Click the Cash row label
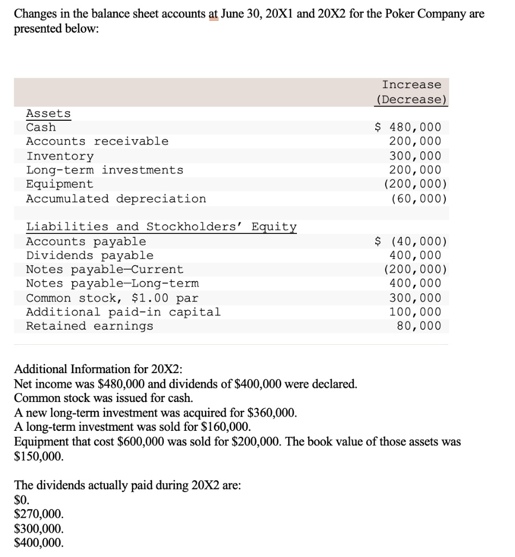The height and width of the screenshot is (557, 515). [x=41, y=127]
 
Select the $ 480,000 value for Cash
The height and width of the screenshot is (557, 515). [x=408, y=127]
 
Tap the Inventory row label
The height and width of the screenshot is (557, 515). [x=60, y=156]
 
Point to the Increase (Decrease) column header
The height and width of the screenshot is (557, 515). [x=411, y=92]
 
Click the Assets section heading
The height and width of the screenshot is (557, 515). [x=48, y=113]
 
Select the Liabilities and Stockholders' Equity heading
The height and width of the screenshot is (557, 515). [x=162, y=226]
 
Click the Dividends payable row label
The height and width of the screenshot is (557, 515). [x=90, y=255]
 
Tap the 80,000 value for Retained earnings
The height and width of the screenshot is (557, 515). [x=419, y=326]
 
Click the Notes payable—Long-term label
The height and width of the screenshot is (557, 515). [x=113, y=283]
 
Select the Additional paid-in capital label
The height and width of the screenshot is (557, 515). [x=123, y=312]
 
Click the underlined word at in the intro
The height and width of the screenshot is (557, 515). [x=214, y=13]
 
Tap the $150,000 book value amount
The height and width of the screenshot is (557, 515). [x=38, y=456]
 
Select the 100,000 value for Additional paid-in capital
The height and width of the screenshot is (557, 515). [x=415, y=312]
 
